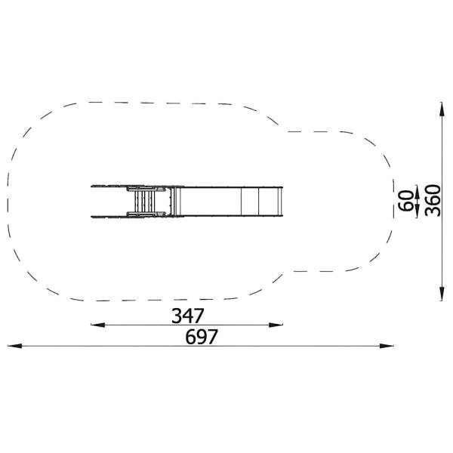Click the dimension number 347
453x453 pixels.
[x=188, y=316]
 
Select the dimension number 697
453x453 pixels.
[x=202, y=337]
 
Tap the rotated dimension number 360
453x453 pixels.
[x=433, y=201]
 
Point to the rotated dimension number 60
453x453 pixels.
[x=405, y=201]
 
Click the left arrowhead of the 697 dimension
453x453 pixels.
[x=14, y=346]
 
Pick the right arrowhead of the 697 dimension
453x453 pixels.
[x=387, y=346]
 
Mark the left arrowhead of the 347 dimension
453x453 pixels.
[x=98, y=325]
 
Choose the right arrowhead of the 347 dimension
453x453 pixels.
[x=276, y=325]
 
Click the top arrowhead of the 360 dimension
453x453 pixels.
[x=442, y=109]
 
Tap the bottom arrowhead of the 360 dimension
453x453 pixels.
[x=442, y=294]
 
